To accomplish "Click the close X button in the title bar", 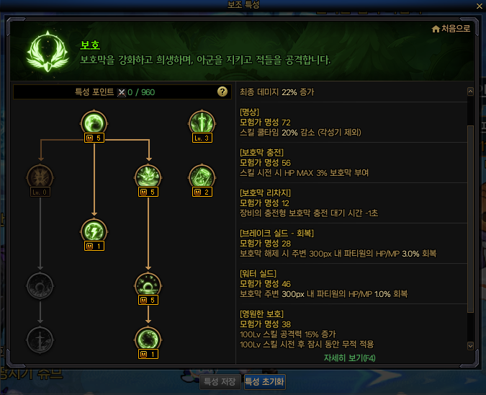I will click(x=479, y=6).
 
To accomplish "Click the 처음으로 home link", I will click(x=451, y=29).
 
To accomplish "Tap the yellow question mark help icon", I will click(x=222, y=92).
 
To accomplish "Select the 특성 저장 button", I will click(x=220, y=382).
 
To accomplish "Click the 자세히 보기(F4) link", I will click(x=349, y=358).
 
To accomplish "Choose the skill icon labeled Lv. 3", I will click(x=202, y=123).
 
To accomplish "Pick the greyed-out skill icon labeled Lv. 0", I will click(x=40, y=178).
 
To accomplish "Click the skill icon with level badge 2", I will click(x=202, y=177).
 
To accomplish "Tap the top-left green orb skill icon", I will click(x=94, y=123).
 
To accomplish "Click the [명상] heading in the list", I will click(x=249, y=113).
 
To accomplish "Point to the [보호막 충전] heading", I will click(x=261, y=153).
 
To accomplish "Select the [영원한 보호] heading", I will click(x=261, y=314).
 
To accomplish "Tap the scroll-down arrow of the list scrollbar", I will click(x=471, y=346).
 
